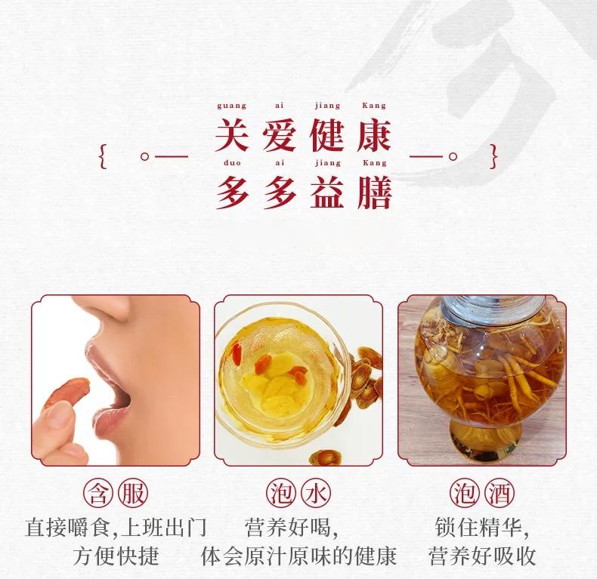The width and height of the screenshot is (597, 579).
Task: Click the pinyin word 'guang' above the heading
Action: click(x=231, y=106)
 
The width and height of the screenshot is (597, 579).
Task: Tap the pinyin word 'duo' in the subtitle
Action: click(x=232, y=163)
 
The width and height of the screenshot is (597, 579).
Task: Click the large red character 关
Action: click(x=232, y=134)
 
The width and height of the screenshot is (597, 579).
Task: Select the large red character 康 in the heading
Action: click(x=374, y=134)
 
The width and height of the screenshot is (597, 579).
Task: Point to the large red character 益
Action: click(x=327, y=192)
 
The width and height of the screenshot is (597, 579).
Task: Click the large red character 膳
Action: click(x=375, y=192)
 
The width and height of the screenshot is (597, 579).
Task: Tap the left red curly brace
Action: click(x=103, y=156)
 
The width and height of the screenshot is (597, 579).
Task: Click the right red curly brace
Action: click(x=493, y=156)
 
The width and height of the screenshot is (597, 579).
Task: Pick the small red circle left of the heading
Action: click(x=144, y=156)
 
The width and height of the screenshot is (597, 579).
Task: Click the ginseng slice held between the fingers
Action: click(x=69, y=392)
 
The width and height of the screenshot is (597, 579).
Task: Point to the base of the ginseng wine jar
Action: click(x=485, y=438)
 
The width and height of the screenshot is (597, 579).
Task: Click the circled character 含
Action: click(x=98, y=494)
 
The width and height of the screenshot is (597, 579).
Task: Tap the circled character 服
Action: click(x=133, y=494)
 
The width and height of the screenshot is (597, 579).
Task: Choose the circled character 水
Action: click(x=316, y=494)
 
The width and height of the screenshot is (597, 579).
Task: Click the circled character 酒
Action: click(x=500, y=494)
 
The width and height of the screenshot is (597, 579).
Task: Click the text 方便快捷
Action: click(x=116, y=556)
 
